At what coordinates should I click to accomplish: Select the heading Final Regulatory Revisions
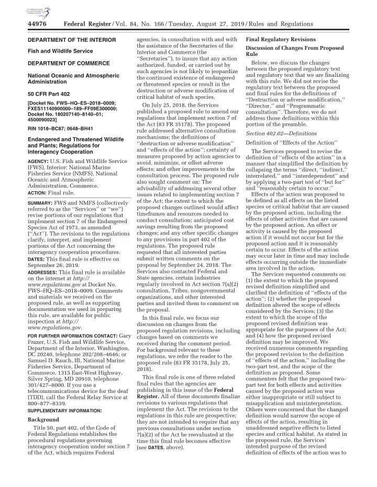click(280, 40)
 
